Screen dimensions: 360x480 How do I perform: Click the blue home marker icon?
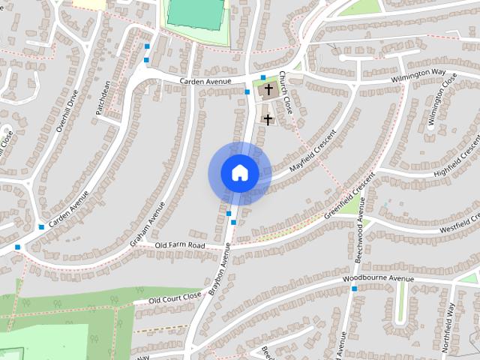point(239,173)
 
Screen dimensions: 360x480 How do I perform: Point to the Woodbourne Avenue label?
point(378,280)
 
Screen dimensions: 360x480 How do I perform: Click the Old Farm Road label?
point(180,245)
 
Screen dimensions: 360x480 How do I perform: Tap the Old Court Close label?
point(175,298)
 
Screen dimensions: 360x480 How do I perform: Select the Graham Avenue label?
point(147,223)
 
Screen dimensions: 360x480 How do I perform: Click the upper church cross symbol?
point(268,89)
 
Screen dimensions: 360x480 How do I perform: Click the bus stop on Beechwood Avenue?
point(354,288)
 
